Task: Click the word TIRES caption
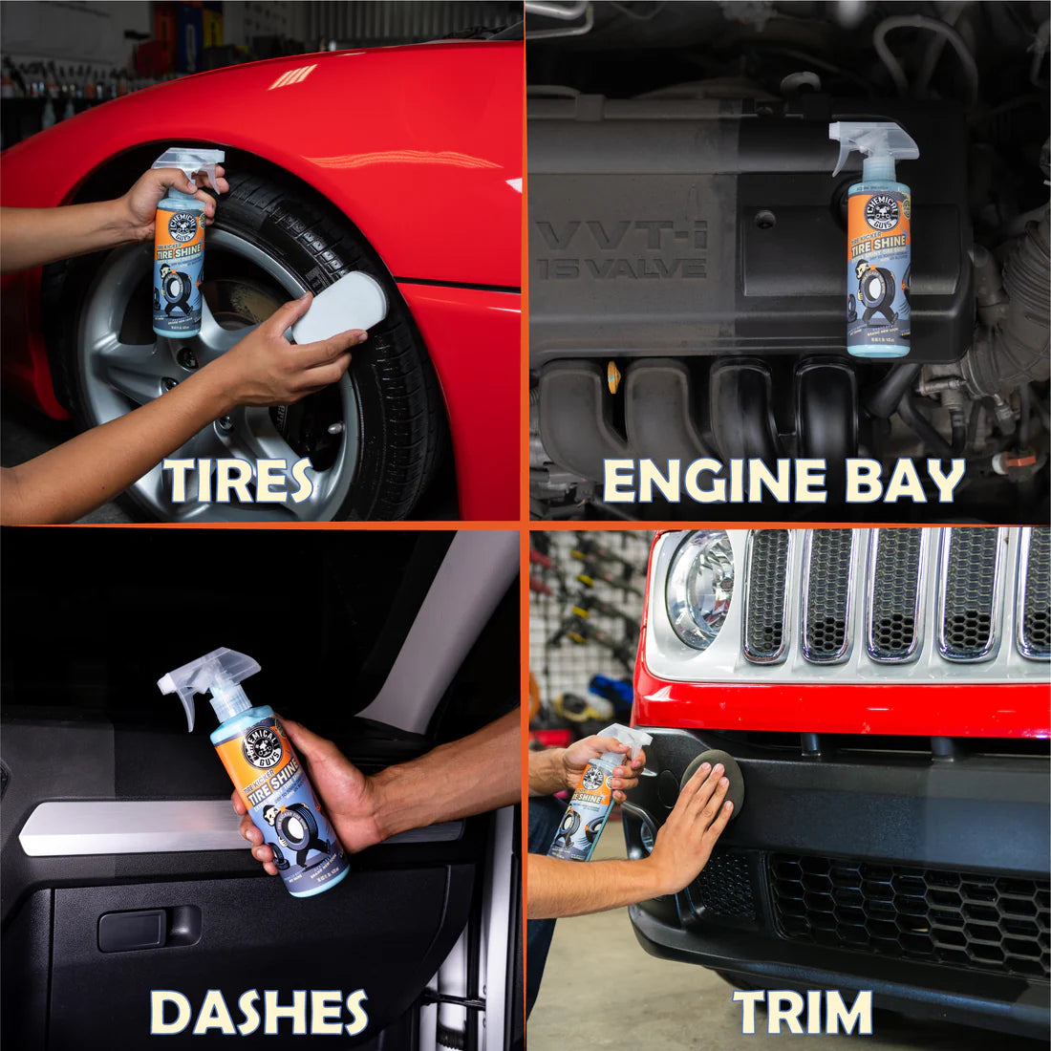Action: tap(237, 480)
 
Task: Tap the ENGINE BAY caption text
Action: tap(783, 481)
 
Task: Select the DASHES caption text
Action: tap(259, 1012)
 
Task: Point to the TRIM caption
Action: tap(803, 1012)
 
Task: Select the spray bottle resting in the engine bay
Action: tap(876, 244)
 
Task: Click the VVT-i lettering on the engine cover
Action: tap(621, 235)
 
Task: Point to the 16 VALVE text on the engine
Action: tap(621, 268)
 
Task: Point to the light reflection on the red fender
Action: tap(291, 76)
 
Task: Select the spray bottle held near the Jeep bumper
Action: tap(592, 793)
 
